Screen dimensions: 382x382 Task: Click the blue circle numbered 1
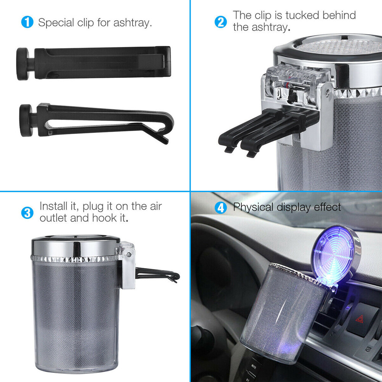27,22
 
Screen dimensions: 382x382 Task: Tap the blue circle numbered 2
221,22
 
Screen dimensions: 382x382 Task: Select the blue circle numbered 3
27,212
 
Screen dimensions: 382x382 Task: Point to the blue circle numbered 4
221,208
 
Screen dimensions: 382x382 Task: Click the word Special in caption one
56,23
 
